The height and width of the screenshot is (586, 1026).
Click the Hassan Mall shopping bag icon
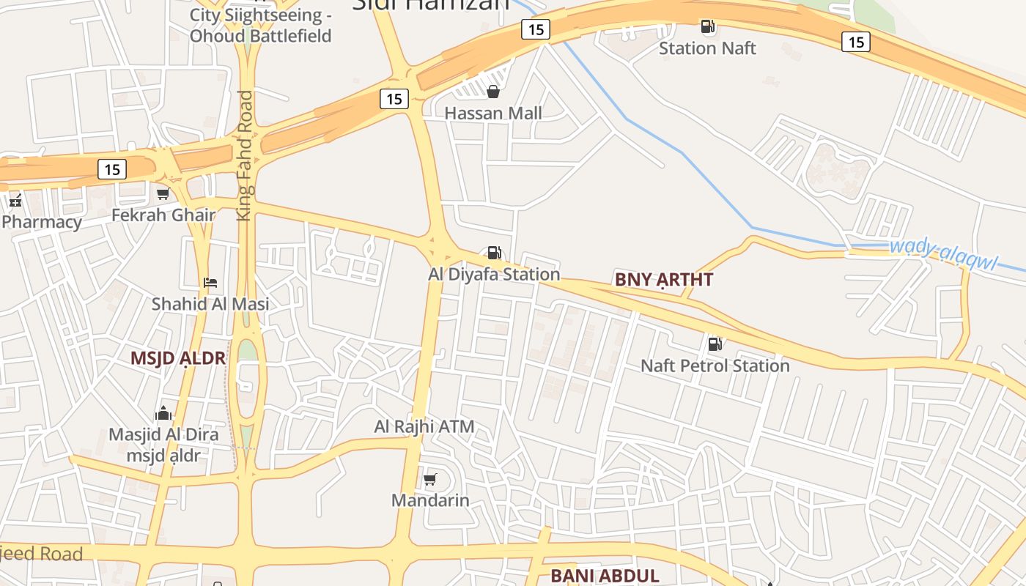(x=493, y=92)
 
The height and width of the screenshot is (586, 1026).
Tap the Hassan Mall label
(x=493, y=113)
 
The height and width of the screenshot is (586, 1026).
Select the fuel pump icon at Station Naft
(x=707, y=27)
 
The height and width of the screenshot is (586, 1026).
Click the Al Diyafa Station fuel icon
(x=495, y=253)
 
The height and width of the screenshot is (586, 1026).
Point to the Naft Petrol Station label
(x=715, y=365)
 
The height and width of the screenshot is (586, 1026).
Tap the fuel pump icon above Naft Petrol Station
(x=715, y=344)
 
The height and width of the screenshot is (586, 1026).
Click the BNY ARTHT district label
(x=664, y=279)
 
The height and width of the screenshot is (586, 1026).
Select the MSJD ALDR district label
(x=178, y=358)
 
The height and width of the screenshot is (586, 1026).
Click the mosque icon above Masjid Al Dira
(x=163, y=413)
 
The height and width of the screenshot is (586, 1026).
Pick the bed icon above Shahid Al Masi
(x=210, y=282)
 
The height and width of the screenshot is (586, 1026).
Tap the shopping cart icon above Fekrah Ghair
(x=163, y=194)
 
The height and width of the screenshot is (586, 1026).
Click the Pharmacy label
(x=42, y=222)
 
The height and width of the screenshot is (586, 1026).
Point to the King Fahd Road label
(x=245, y=155)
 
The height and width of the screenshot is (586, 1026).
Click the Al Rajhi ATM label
(x=424, y=426)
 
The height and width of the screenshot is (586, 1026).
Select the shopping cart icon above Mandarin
(x=430, y=480)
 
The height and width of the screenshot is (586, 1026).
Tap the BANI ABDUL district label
(x=605, y=576)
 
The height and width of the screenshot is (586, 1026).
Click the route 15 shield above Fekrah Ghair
(x=111, y=170)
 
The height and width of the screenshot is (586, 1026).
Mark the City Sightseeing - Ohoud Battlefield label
(x=260, y=26)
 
